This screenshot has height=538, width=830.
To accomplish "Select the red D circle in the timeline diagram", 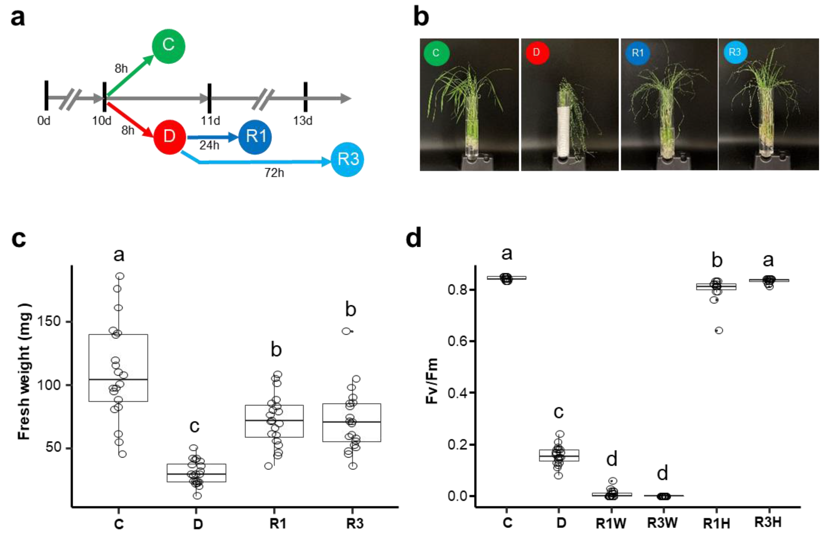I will point(169,136).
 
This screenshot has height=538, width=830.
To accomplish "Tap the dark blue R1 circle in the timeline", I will point(255,136).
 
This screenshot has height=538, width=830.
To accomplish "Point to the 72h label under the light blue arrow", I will point(274,173).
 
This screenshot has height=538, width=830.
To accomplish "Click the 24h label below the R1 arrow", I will point(209,145).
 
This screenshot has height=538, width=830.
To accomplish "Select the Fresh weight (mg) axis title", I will point(24,371).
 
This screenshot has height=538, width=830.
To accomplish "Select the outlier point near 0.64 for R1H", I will point(719,330).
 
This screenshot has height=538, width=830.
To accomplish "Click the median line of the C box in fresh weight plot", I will point(118,379).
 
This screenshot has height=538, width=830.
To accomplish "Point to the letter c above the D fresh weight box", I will point(194,426).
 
